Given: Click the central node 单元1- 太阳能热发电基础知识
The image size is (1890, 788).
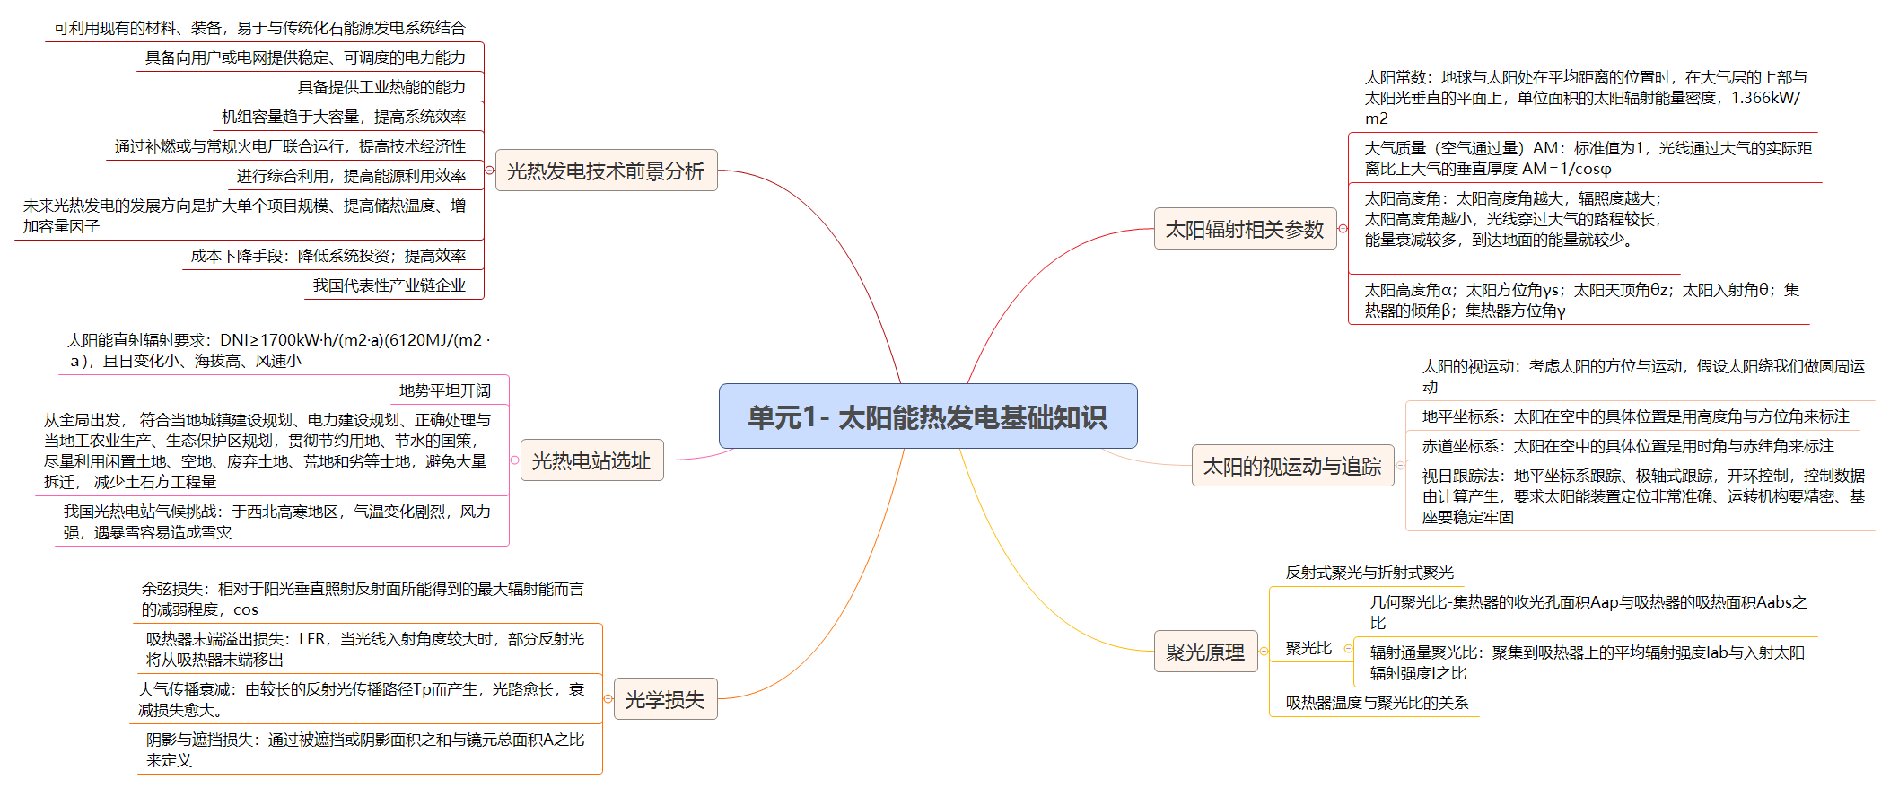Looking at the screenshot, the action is pos(927,416).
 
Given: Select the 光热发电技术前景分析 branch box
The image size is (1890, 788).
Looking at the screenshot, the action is pos(606,171).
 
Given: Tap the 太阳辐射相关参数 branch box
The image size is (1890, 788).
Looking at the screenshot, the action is pos(1244,229).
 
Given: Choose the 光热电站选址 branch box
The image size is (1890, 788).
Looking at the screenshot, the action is pos(591,460).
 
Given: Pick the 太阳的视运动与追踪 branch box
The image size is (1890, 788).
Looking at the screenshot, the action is pos(1291,466).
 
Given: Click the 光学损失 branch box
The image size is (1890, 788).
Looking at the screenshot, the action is pos(664,699).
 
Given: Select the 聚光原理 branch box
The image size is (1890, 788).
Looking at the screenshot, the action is pos(1204,652).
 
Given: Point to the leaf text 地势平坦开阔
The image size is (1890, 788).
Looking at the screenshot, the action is pos(444,390).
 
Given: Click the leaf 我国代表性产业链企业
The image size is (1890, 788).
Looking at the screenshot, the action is pos(389,285).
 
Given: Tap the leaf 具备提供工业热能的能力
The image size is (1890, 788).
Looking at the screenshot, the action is pos(381,87).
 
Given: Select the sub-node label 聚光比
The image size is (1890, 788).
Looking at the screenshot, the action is pos(1308,648).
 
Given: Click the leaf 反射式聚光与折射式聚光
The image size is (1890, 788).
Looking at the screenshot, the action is pos(1369,573).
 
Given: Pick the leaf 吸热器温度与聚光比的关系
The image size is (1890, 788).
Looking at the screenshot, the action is pos(1377,703).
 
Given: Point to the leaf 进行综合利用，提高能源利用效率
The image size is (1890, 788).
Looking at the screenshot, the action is pos(351,176).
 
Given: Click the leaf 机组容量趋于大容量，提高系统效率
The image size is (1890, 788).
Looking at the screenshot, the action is pos(344,117).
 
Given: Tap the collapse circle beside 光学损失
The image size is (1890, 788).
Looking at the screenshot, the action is pos(608,699).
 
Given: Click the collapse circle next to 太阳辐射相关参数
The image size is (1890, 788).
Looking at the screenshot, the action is pos(1343,229).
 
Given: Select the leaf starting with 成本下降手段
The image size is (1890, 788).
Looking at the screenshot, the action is pos(328,256).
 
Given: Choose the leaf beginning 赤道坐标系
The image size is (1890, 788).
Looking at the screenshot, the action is pos(1627,446).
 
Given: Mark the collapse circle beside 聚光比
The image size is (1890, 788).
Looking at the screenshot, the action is pos(1348,648).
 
